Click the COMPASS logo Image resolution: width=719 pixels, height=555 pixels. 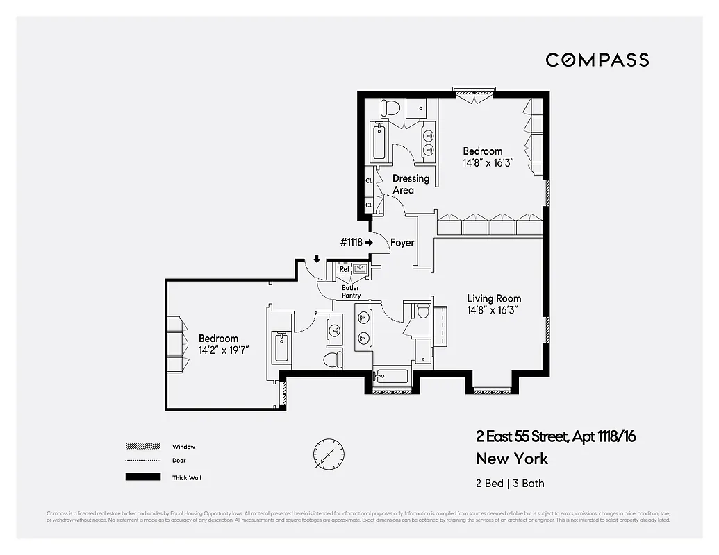click(x=597, y=60)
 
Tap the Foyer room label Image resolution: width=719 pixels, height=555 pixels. click(x=402, y=243)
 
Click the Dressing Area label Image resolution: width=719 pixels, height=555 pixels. click(x=411, y=184)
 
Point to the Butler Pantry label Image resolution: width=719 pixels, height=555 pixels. click(x=351, y=291)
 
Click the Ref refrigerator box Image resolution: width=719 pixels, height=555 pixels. click(x=345, y=269)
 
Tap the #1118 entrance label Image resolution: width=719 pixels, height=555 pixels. click(x=353, y=243)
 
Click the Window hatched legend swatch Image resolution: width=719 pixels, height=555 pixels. click(x=139, y=447)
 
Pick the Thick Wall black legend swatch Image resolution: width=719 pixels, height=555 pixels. click(x=139, y=477)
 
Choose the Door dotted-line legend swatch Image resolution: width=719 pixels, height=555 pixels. click(x=139, y=461)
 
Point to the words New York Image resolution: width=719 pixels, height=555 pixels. click(x=512, y=459)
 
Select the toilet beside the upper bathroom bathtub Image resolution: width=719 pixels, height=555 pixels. click(x=390, y=108)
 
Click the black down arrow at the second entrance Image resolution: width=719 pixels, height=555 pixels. click(x=317, y=259)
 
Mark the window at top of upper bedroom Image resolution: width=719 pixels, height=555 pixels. click(x=474, y=90)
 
